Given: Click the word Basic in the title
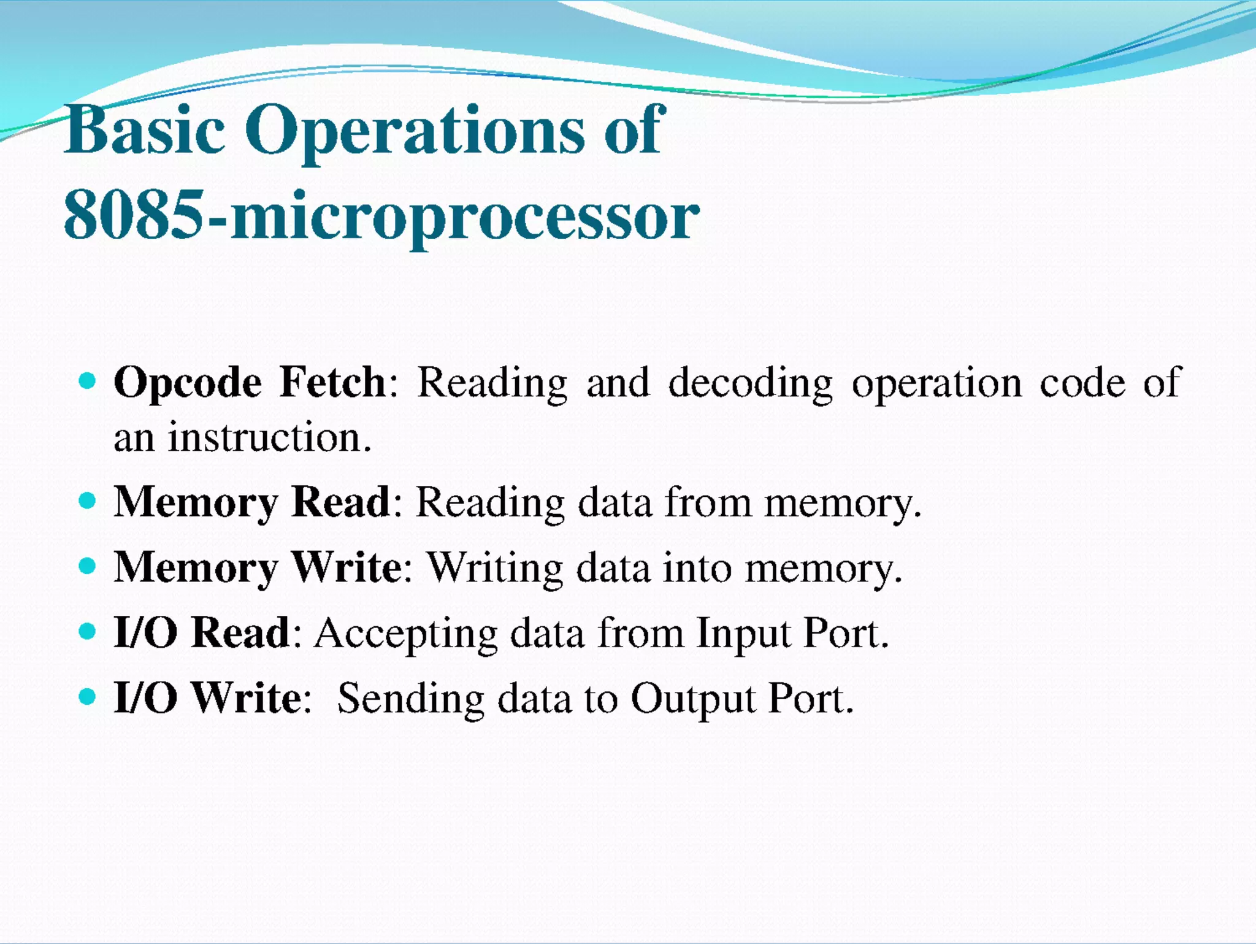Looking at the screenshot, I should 145,130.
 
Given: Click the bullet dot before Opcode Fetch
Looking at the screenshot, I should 88,381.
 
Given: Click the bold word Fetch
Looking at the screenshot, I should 332,382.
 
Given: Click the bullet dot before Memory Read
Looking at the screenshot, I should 88,501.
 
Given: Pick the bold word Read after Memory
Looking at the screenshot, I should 341,502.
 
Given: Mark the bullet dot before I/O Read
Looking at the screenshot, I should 88,631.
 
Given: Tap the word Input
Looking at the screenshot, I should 743,634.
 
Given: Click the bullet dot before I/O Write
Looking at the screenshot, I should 88,696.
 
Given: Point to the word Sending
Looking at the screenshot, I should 411,699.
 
